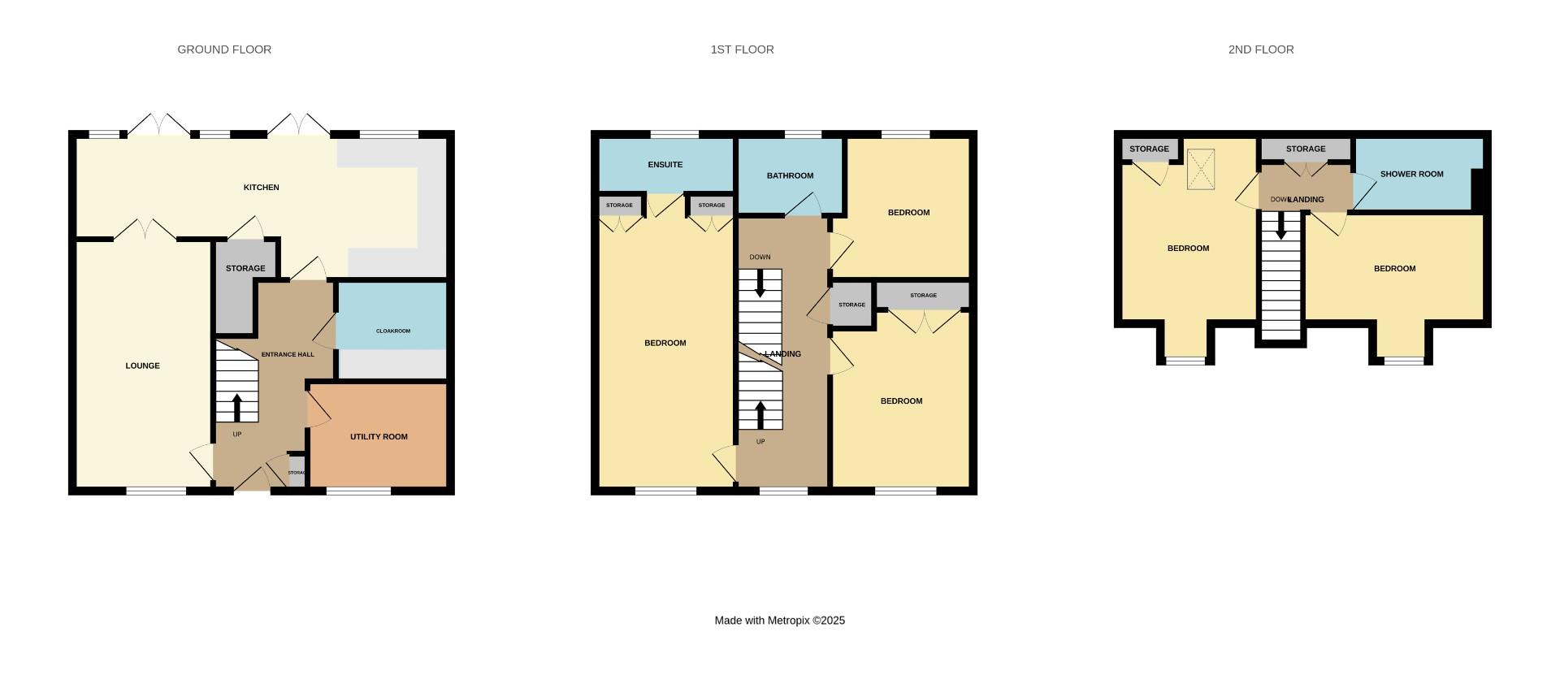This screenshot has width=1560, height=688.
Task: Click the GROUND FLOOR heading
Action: (224, 50)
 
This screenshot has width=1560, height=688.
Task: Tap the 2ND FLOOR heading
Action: (1261, 50)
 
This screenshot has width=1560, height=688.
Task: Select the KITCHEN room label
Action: (262, 188)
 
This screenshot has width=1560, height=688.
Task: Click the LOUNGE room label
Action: (143, 366)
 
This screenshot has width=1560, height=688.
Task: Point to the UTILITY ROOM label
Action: (379, 437)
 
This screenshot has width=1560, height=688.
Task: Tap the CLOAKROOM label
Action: (393, 331)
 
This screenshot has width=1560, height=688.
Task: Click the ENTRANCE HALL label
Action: (288, 355)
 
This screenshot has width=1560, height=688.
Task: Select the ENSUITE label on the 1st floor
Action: (665, 165)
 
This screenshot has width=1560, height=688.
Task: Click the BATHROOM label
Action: (790, 175)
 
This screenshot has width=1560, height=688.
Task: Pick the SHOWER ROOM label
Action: (1411, 174)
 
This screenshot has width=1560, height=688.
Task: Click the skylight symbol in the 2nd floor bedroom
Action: (1200, 169)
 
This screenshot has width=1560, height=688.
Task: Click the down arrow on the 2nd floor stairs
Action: (1281, 226)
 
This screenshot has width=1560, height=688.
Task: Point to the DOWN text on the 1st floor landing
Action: (760, 257)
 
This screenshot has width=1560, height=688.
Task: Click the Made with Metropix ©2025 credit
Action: (779, 621)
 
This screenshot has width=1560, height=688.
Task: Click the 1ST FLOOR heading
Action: (742, 50)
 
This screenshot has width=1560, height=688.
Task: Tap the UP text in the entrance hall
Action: (237, 435)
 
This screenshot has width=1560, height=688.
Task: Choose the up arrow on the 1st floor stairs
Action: (760, 415)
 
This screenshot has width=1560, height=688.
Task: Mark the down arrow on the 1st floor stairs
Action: (760, 283)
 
